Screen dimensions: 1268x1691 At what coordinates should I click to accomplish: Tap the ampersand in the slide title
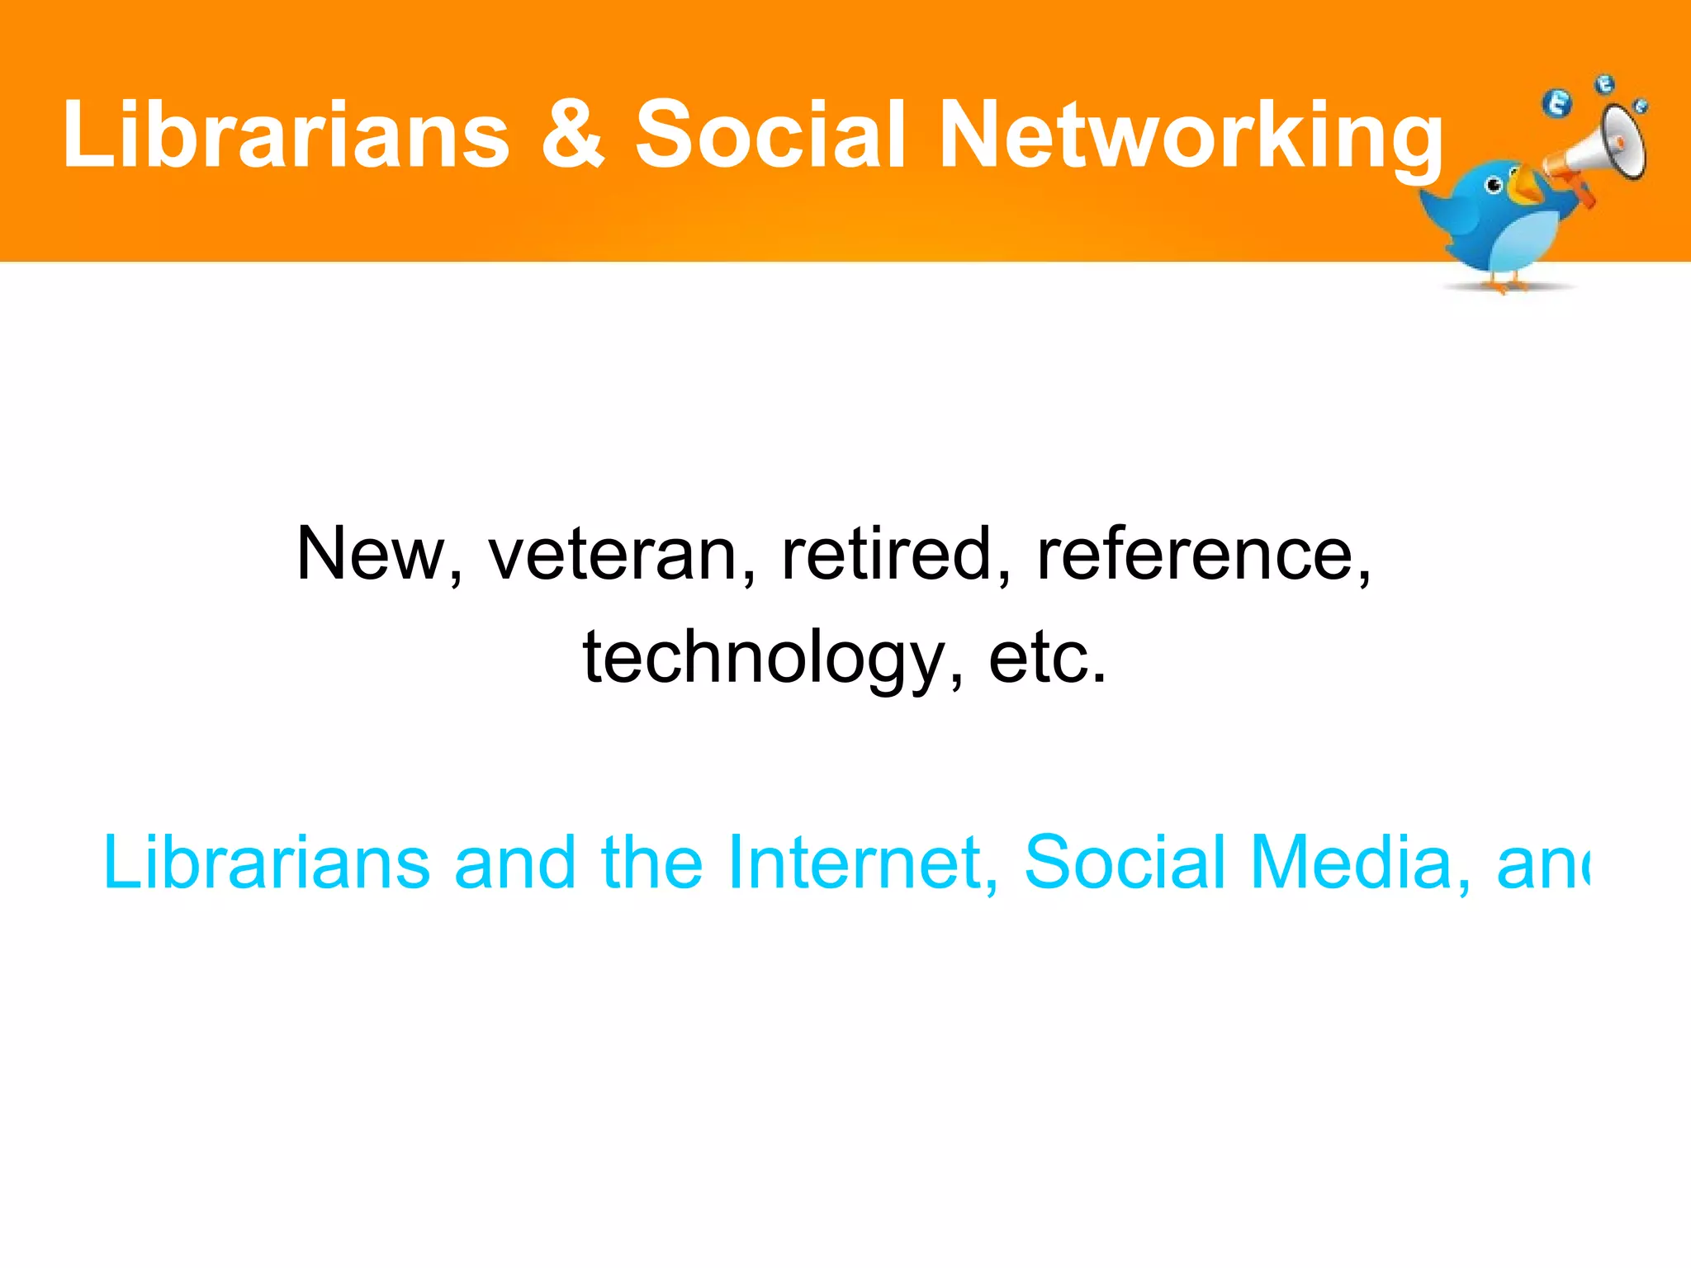(573, 135)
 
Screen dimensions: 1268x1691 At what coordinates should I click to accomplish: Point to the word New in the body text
(372, 555)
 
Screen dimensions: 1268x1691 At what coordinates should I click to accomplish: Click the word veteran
(612, 555)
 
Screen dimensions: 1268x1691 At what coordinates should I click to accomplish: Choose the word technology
(763, 659)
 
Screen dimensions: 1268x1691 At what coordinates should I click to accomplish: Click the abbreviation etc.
(1047, 659)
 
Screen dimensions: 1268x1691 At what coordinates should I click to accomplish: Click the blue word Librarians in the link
(266, 863)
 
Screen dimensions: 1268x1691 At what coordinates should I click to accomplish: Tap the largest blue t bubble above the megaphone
(1557, 104)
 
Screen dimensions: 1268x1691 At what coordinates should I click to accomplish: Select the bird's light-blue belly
(1528, 244)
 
